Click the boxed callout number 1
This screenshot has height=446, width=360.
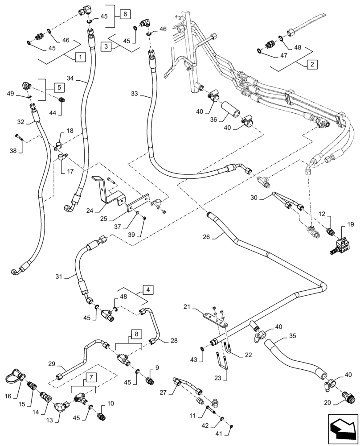[x=80, y=57]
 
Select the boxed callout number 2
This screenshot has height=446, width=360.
[x=312, y=64]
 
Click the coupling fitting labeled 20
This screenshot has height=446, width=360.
[x=345, y=396]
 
